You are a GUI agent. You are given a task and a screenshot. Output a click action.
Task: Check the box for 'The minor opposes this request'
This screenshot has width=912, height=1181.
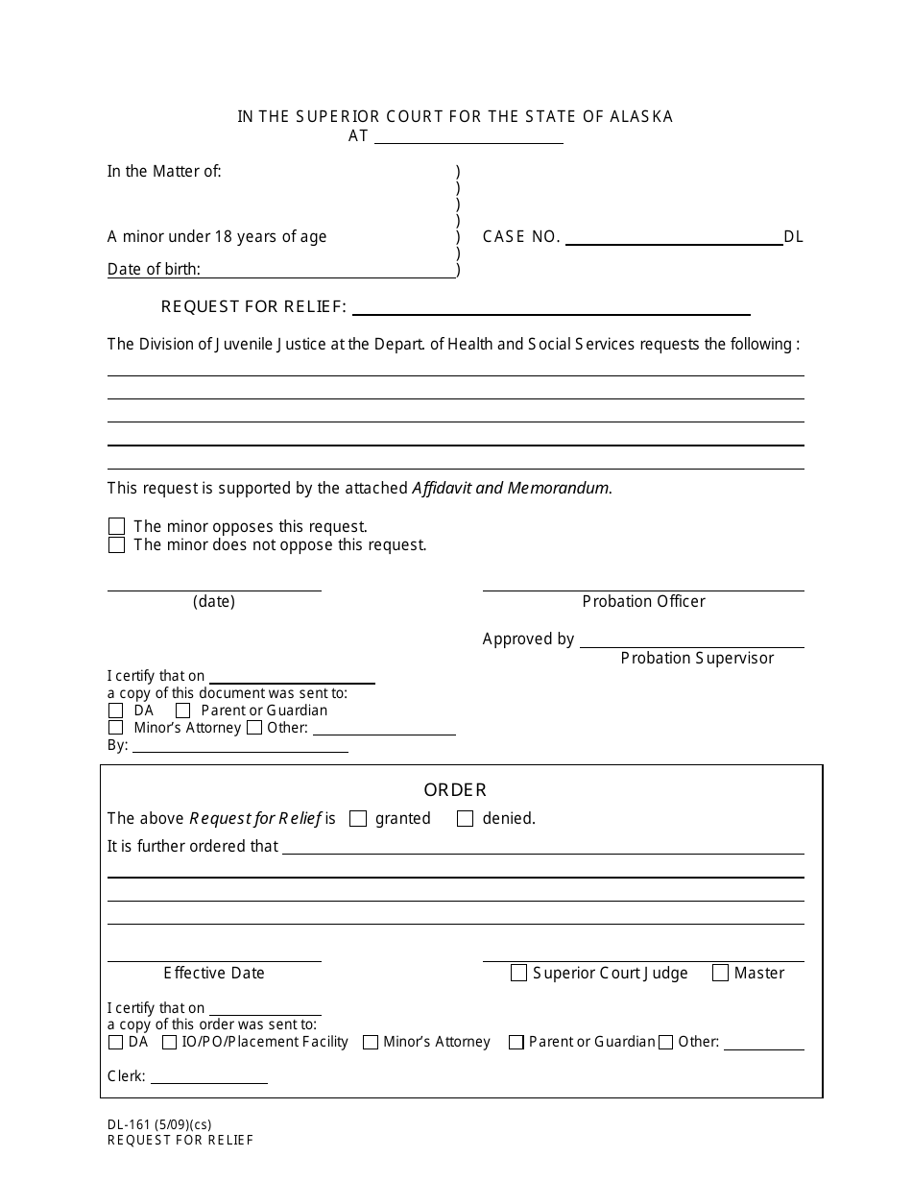[x=116, y=526]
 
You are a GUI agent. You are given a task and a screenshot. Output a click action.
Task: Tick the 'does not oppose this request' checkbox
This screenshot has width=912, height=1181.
[x=116, y=545]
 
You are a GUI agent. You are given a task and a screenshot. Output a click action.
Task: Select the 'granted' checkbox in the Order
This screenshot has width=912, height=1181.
[x=358, y=819]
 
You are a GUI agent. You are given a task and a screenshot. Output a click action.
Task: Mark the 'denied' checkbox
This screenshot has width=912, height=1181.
[x=466, y=819]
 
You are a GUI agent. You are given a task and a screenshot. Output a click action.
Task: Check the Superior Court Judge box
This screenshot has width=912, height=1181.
[x=518, y=973]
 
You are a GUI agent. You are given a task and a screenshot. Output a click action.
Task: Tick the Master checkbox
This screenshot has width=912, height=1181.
[x=720, y=973]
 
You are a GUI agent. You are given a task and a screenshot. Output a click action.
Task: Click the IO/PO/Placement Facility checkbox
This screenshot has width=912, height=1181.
[x=169, y=1042]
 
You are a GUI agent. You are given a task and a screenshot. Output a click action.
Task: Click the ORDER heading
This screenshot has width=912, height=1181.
[x=455, y=789]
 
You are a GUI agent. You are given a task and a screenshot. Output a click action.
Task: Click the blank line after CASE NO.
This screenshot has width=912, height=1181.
[x=674, y=238]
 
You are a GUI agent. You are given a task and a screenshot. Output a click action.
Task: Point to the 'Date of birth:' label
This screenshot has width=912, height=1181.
[x=154, y=270]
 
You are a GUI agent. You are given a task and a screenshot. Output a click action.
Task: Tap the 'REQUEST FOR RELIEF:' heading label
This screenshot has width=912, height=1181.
[x=253, y=306]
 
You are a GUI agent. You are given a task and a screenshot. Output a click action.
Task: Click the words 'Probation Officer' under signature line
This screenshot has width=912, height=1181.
[x=643, y=601]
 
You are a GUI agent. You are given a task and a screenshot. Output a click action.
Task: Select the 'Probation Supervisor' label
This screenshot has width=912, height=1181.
[x=697, y=658]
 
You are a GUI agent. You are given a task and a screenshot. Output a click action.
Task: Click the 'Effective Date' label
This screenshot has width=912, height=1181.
[x=213, y=973]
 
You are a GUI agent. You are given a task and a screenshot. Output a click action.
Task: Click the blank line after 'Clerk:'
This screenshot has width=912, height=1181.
[x=208, y=1077]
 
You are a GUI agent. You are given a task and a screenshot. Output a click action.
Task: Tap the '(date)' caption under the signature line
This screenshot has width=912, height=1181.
[x=213, y=601]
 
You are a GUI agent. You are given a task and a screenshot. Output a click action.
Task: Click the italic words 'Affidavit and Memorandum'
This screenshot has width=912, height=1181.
[x=511, y=488]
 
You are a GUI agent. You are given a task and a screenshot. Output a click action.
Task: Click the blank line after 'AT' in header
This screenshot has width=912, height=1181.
[x=468, y=137]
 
